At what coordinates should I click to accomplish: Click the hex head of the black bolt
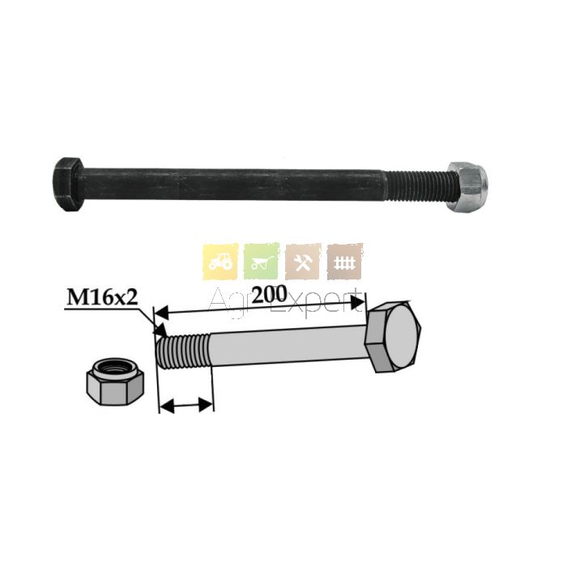(69, 185)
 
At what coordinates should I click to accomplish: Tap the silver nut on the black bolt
(467, 186)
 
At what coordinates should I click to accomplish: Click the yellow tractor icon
(220, 262)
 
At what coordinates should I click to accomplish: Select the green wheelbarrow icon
(262, 262)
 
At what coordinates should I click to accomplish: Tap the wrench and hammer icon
(303, 262)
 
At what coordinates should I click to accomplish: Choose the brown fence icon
(344, 262)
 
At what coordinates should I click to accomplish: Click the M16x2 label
(102, 298)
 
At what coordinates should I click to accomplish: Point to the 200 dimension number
(269, 295)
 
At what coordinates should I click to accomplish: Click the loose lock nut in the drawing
(115, 382)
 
